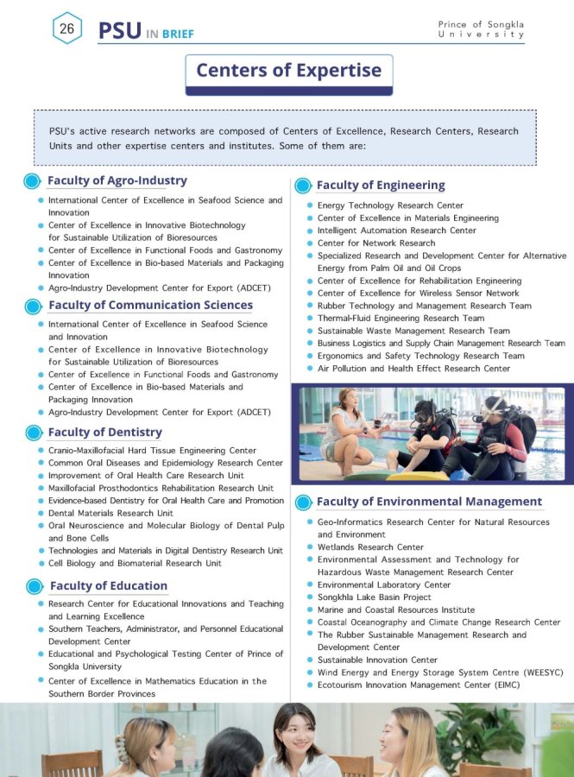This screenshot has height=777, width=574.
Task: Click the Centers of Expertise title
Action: [289, 70]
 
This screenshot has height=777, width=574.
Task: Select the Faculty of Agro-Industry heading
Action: [117, 180]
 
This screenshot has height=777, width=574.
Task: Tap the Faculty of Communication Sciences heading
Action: [150, 305]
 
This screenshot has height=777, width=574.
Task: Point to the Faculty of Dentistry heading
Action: [104, 432]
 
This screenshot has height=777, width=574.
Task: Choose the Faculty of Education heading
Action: [108, 585]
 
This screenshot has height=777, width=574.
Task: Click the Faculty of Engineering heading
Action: [381, 185]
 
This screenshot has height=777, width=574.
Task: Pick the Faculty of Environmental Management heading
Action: [429, 502]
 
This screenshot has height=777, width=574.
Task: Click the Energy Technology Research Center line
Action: [390, 205]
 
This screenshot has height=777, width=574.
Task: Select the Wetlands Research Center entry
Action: [370, 546]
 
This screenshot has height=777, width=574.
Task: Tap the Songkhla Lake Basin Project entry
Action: [374, 597]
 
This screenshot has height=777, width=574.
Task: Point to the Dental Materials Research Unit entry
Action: [110, 513]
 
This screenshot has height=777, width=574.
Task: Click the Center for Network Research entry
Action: [376, 243]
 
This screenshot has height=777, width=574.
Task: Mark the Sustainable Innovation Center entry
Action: [377, 660]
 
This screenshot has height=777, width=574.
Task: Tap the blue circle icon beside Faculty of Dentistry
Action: [33, 433]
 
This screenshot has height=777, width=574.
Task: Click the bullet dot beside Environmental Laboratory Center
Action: [308, 584]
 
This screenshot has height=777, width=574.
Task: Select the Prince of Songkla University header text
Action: [481, 28]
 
